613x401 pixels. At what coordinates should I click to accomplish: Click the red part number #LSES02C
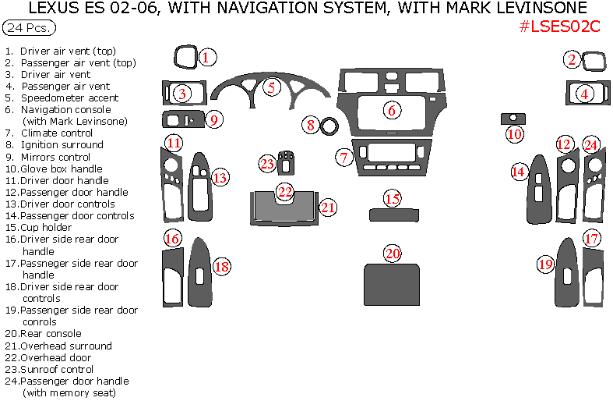tap(559, 26)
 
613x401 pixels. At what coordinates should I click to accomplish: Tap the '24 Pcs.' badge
tap(30, 28)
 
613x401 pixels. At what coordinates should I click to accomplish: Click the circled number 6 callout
tap(392, 110)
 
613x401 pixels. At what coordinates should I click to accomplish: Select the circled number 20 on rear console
tap(393, 253)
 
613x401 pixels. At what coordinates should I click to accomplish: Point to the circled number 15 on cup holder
tap(393, 199)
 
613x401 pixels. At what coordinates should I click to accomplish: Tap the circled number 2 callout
tap(572, 59)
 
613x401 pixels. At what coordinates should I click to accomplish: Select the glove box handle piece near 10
tap(513, 118)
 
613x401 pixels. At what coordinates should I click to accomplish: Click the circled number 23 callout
tap(268, 163)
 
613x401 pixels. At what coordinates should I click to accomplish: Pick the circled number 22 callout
tap(285, 191)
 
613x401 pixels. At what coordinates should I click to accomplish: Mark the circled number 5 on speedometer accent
tap(270, 87)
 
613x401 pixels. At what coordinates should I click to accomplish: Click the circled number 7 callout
tap(344, 157)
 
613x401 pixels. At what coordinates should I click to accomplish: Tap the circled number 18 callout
tap(222, 267)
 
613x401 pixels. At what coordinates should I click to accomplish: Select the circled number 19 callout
tap(545, 265)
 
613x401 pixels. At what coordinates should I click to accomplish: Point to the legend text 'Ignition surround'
tap(62, 144)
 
